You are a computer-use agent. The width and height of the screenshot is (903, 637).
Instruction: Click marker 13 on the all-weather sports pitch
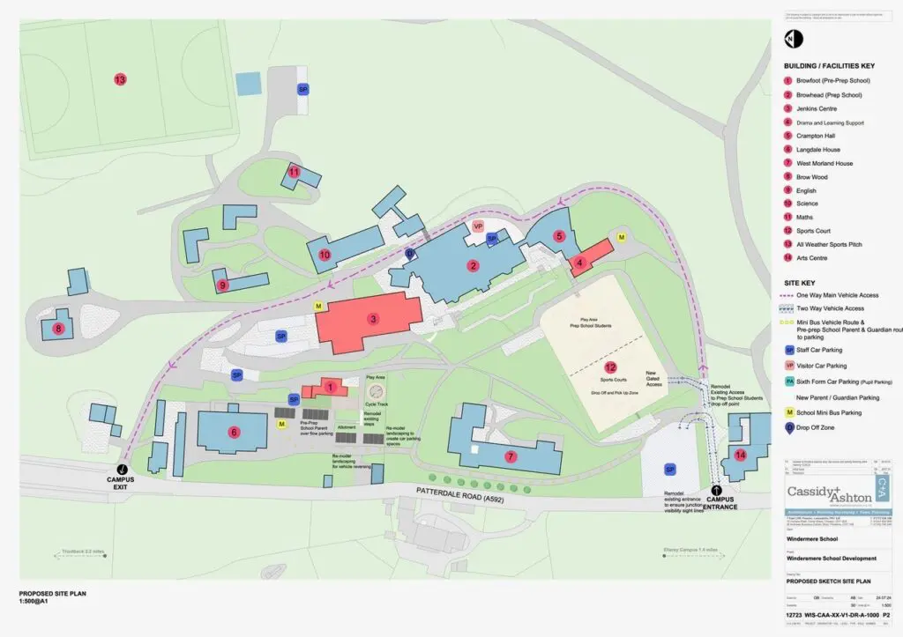click(120, 79)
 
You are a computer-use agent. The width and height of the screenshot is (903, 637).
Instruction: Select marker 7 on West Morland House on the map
click(511, 456)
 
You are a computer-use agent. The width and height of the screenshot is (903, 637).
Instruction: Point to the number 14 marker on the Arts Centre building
click(740, 455)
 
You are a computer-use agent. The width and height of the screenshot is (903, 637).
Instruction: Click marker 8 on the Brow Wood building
click(59, 329)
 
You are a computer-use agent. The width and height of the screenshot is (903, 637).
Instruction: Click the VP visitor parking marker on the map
click(478, 226)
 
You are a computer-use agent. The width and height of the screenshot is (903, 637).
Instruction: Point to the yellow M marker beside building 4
click(621, 237)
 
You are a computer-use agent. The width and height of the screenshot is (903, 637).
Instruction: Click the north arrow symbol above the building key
click(791, 39)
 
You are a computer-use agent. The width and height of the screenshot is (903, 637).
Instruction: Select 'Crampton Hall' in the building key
click(816, 136)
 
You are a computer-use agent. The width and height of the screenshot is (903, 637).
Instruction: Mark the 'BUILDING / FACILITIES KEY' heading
click(828, 66)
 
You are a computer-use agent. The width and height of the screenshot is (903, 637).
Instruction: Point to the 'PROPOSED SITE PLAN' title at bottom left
click(53, 594)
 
